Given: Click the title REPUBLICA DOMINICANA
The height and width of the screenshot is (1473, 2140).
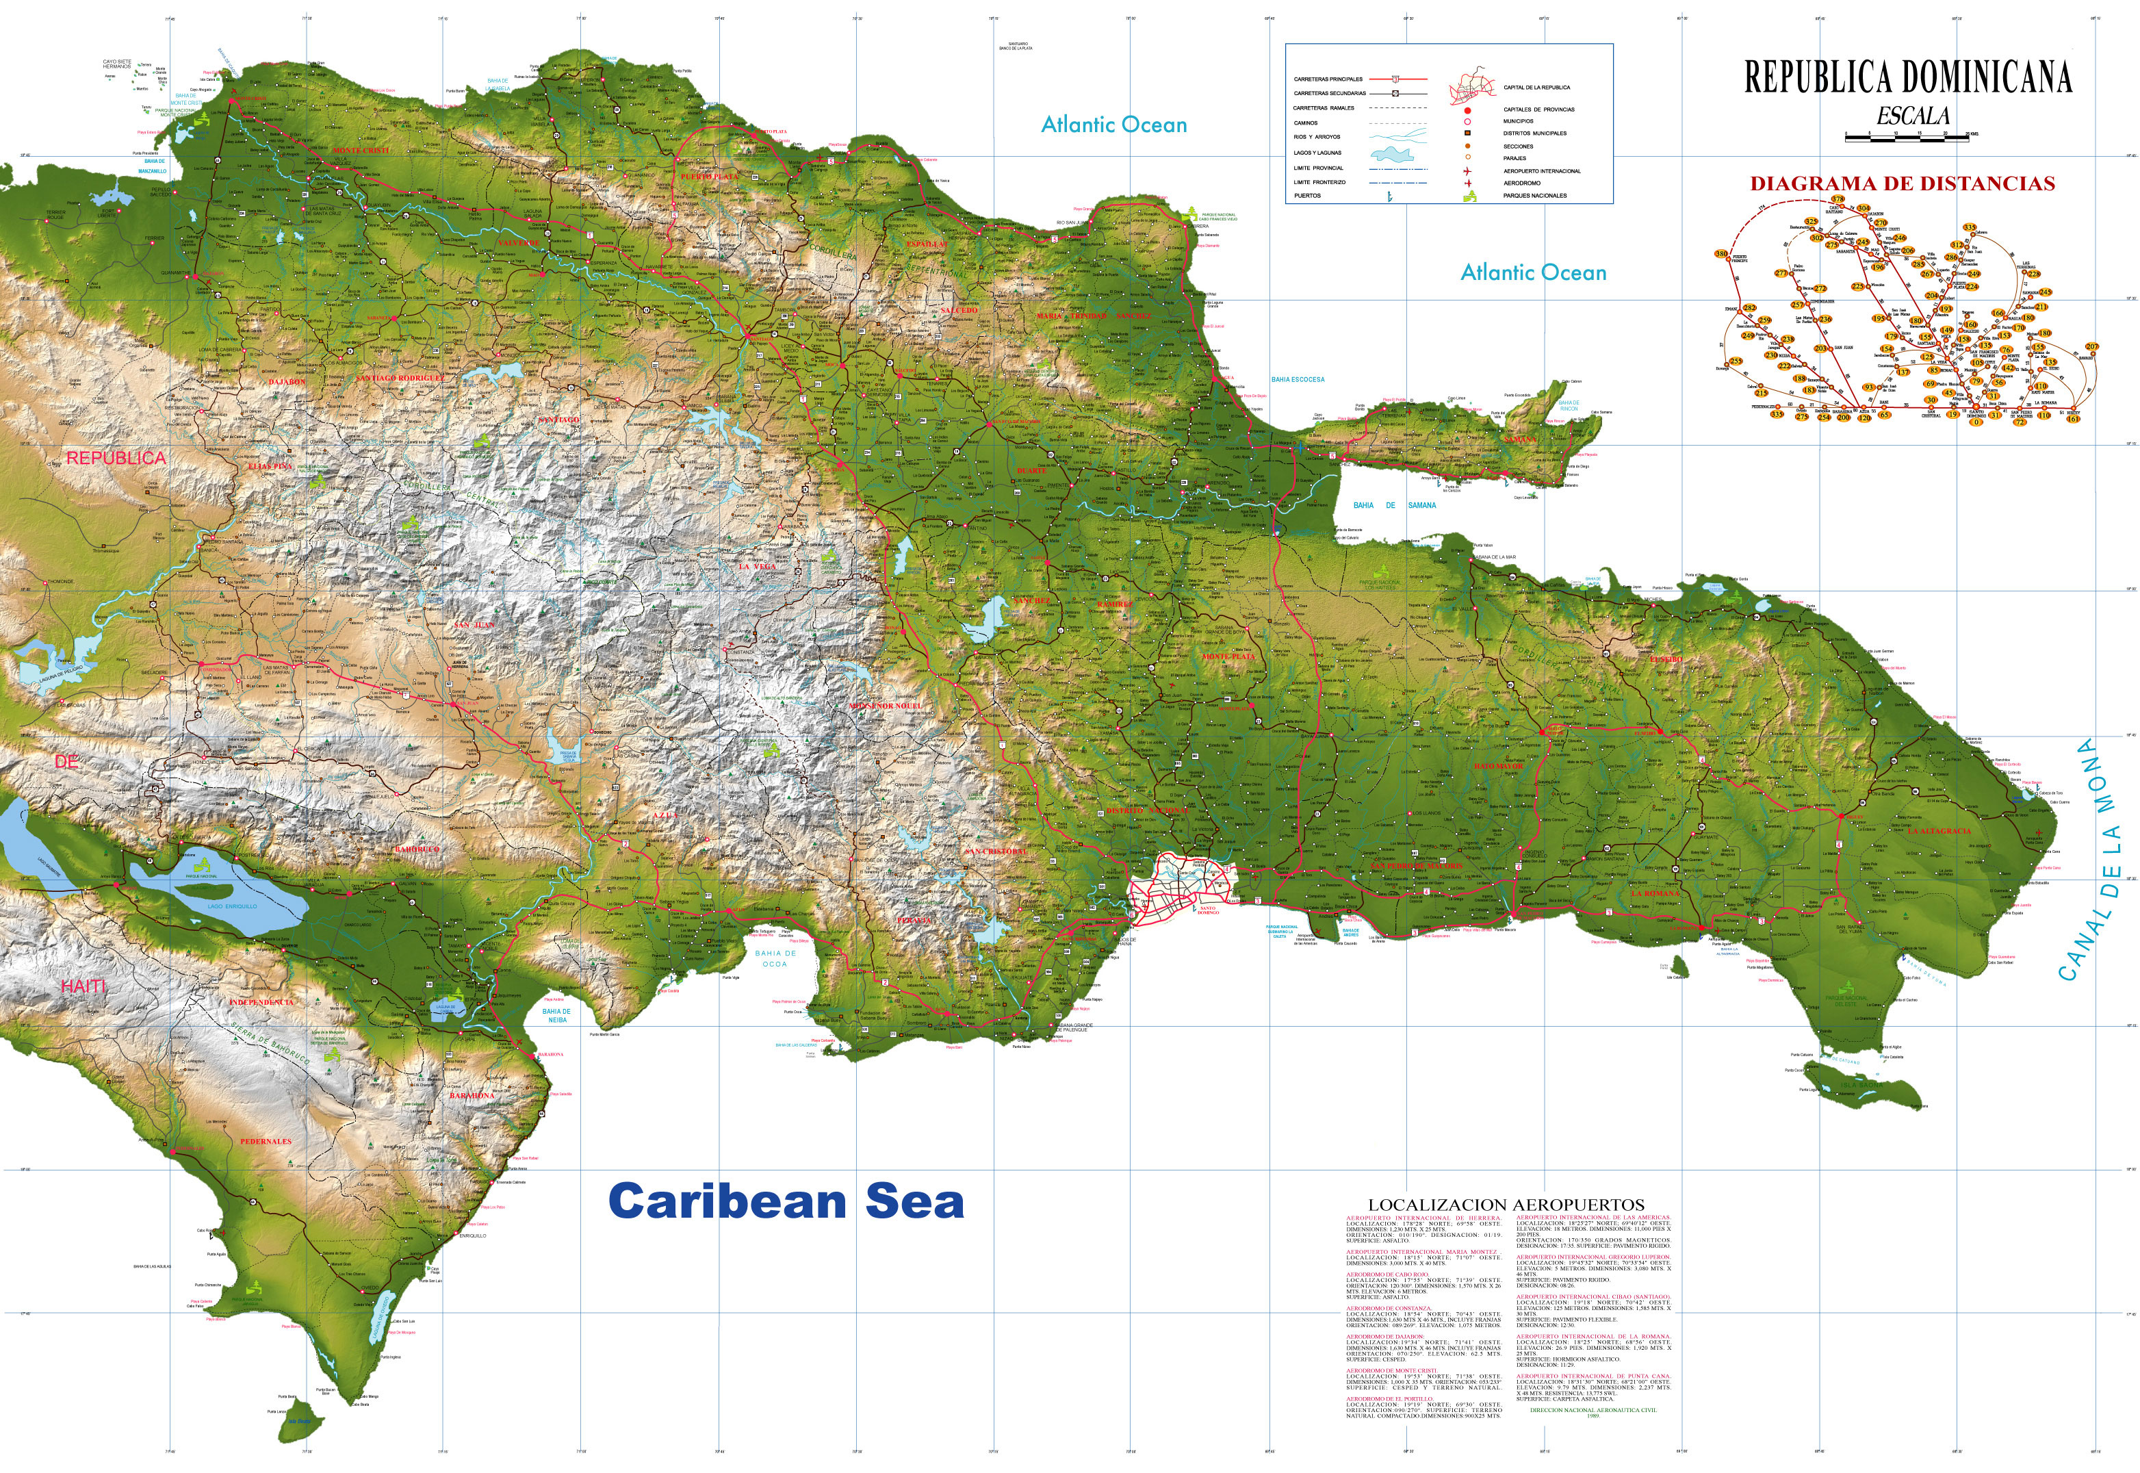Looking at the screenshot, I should (x=1907, y=77).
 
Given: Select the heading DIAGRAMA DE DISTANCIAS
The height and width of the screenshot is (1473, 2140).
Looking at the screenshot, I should (x=1902, y=183).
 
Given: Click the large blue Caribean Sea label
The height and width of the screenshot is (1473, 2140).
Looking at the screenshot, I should (x=786, y=1202).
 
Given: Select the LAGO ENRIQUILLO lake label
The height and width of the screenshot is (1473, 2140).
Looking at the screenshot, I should (x=233, y=906).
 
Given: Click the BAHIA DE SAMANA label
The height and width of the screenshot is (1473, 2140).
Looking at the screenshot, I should (x=1394, y=505).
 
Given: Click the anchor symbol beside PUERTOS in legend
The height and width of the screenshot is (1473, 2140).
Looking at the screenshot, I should (x=1391, y=196).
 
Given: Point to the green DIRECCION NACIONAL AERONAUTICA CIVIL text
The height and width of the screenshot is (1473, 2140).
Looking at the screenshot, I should (x=1593, y=1410).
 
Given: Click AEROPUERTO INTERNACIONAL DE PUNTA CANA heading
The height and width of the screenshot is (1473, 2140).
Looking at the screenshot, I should (x=1593, y=1376).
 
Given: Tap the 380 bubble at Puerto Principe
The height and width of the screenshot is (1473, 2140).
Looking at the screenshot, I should (x=1721, y=254).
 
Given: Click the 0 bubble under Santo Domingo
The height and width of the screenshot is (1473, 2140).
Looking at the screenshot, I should (x=1976, y=423).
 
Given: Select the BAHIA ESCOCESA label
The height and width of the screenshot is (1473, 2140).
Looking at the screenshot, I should (x=1298, y=379).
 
